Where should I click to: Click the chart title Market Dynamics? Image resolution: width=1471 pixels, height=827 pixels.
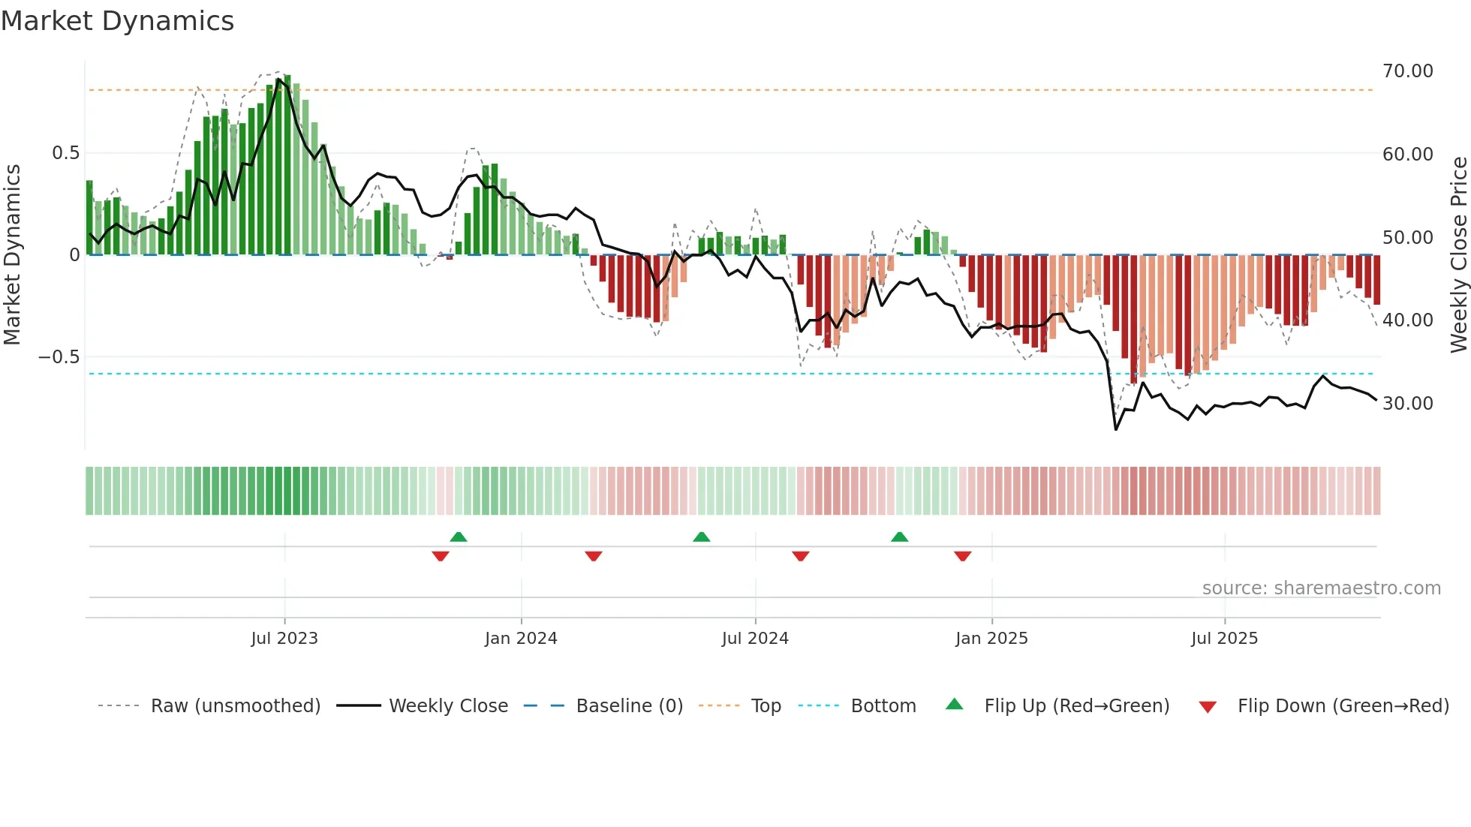(x=118, y=21)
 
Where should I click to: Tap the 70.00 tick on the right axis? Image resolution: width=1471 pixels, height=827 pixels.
(x=1407, y=71)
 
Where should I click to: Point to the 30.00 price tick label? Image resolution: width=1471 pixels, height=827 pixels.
(x=1407, y=404)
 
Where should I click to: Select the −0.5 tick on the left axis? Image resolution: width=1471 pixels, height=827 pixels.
(x=59, y=357)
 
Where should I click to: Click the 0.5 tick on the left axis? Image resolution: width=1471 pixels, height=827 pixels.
(x=65, y=153)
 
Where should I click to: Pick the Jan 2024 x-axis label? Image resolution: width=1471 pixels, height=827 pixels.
(x=521, y=639)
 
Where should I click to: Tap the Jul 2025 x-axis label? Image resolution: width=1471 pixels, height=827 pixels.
(x=1224, y=639)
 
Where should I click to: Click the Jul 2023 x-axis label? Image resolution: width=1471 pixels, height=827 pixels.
(x=284, y=639)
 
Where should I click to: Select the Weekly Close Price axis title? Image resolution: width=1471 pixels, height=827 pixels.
(x=1458, y=254)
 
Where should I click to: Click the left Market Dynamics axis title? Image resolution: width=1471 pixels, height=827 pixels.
(x=12, y=254)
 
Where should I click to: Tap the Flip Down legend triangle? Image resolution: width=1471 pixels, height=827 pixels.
(x=1208, y=707)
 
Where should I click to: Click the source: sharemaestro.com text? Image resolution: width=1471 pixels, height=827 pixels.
(x=1321, y=588)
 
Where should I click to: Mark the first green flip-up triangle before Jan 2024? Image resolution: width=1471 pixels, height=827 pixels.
(x=459, y=537)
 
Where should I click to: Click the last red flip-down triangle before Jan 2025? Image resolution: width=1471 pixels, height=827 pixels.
(x=963, y=556)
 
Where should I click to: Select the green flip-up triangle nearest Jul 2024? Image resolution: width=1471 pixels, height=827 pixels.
(x=702, y=537)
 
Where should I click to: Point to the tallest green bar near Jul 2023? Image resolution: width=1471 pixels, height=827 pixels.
(x=287, y=165)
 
